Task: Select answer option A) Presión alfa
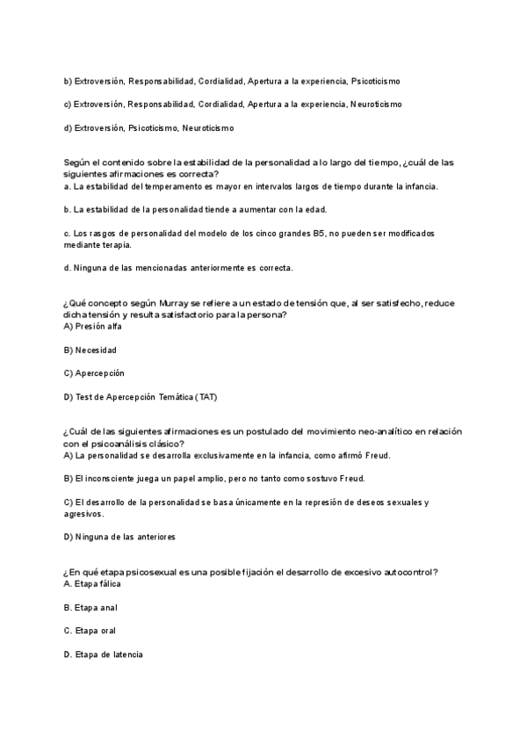[93, 326]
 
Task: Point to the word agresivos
[85, 514]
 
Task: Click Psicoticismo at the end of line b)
[375, 81]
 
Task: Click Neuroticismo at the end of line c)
[375, 105]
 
